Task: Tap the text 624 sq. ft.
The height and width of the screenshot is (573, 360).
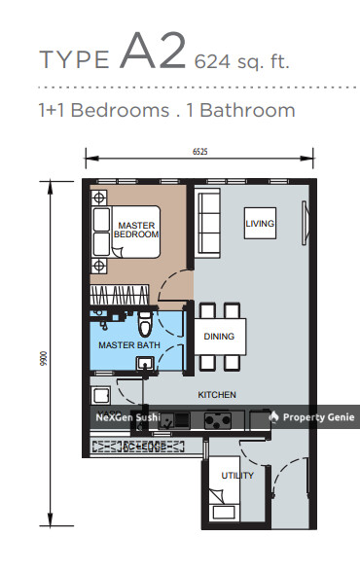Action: click(241, 62)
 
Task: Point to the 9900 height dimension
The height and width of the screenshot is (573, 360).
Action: click(44, 358)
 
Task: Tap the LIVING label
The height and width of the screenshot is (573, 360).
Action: click(260, 224)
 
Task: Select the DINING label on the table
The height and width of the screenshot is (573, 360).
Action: click(219, 337)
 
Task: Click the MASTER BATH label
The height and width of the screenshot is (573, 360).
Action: click(122, 344)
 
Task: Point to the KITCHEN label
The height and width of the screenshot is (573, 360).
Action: click(218, 394)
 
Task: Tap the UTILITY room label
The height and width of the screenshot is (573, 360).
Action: click(238, 476)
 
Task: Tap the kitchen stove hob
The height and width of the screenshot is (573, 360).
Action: click(215, 420)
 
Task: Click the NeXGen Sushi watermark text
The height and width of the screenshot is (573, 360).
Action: click(126, 417)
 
